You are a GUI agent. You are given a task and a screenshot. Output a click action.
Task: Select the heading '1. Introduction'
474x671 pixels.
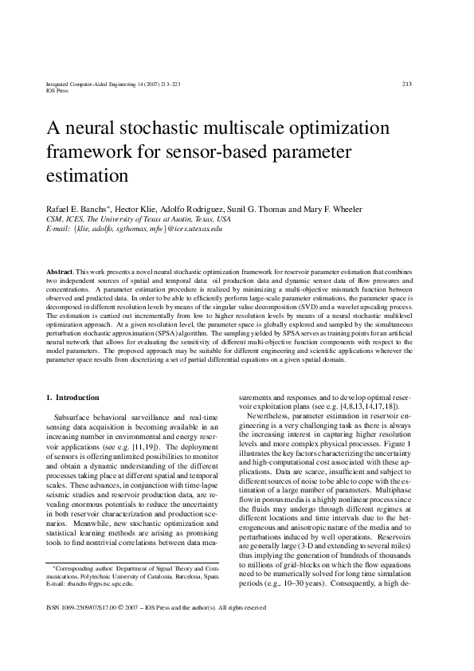tap(72, 397)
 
